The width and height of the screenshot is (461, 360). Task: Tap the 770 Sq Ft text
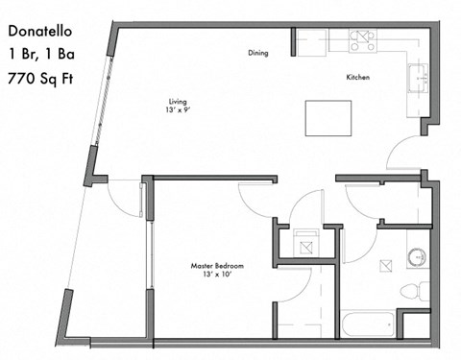40,79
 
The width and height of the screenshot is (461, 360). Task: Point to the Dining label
257,54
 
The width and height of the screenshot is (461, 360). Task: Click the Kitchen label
359,77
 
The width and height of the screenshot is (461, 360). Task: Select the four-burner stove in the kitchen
365,41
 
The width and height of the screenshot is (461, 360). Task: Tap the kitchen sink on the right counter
420,77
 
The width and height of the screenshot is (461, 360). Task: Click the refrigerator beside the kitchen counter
309,42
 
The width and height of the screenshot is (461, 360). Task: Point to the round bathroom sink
417,257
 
